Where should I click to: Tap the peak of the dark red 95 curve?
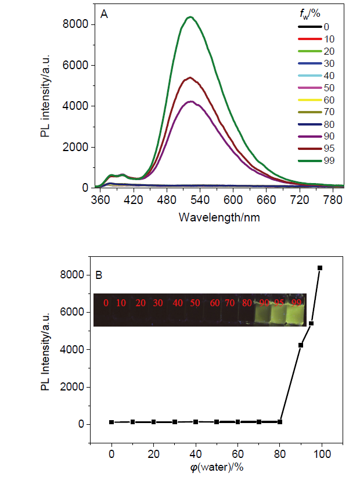point(190,78)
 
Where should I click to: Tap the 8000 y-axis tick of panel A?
point(75,24)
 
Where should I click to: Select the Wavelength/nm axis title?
point(211,218)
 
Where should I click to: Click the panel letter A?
point(104,15)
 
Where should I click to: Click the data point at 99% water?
point(319,268)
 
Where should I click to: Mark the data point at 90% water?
point(301,345)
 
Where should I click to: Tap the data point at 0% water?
point(111,422)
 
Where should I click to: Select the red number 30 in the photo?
point(159,303)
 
